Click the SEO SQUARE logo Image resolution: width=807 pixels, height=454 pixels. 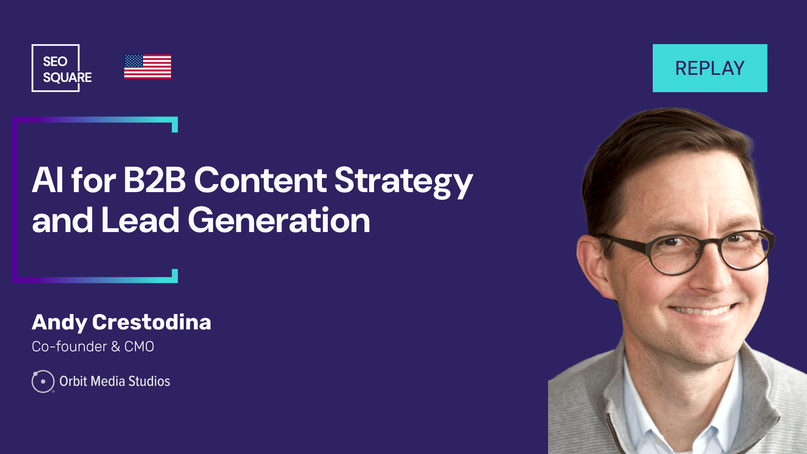click(62, 68)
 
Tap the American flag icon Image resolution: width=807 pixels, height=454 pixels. click(148, 67)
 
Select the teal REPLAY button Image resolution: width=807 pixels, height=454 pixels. click(710, 68)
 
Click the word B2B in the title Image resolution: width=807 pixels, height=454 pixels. click(154, 180)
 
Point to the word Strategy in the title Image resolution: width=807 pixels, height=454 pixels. click(403, 182)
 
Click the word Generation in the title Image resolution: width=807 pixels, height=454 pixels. click(279, 220)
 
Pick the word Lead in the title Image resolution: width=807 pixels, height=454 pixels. click(140, 220)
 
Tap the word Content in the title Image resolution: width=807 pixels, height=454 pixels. click(260, 180)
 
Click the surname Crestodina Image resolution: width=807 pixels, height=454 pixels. click(152, 322)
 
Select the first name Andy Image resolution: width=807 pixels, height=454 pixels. click(59, 323)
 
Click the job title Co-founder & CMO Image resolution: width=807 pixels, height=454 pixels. click(93, 346)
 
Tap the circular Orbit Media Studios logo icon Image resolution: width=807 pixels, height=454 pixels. click(43, 381)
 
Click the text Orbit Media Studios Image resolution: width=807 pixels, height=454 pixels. click(115, 381)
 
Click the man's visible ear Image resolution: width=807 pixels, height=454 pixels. click(594, 265)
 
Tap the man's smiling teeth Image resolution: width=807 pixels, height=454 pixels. click(702, 311)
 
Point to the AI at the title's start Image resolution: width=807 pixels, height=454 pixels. click(48, 180)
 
